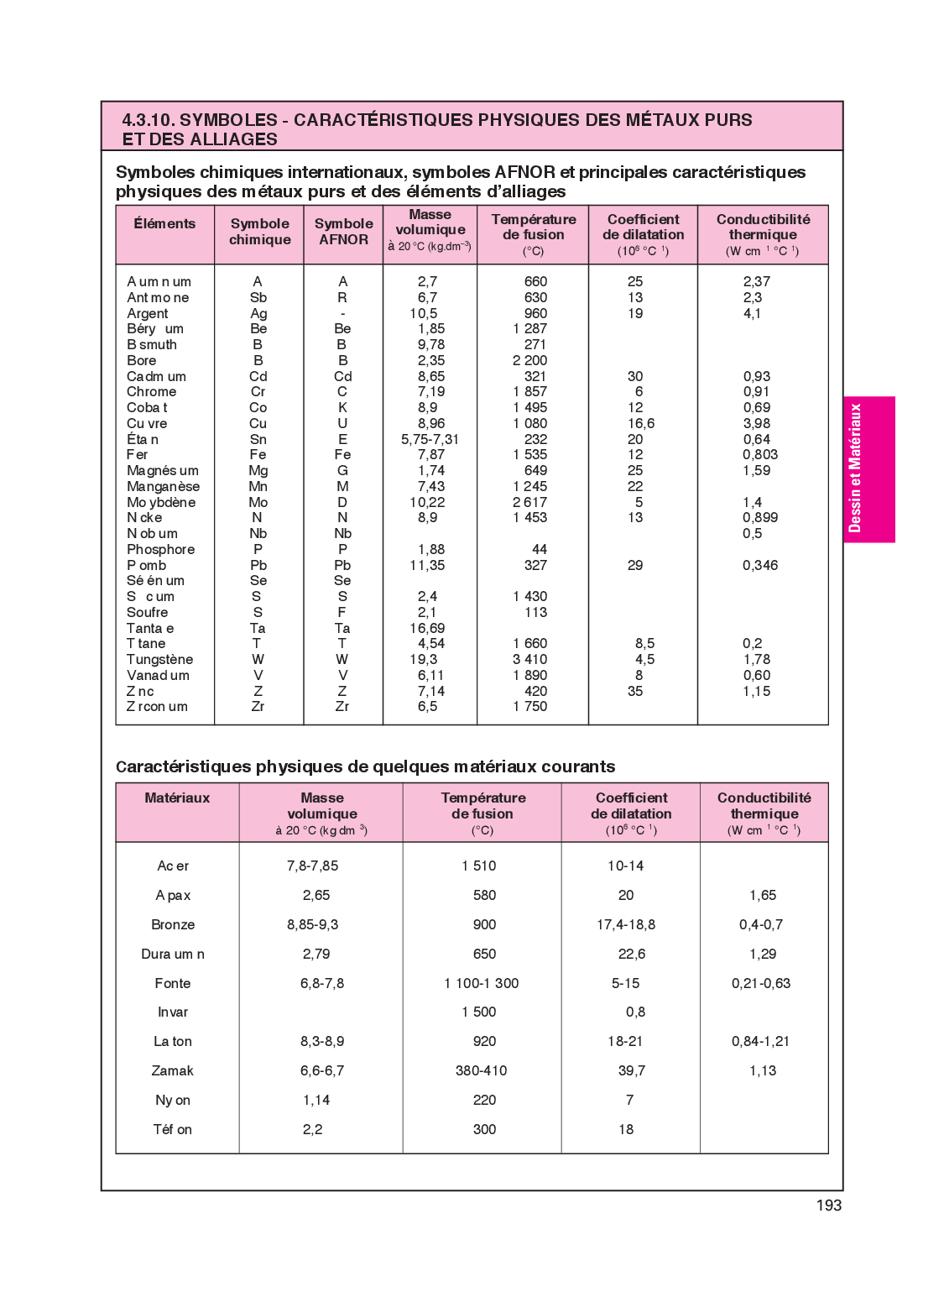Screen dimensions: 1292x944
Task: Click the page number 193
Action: point(828,1206)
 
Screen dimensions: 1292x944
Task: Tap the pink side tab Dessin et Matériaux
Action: point(868,468)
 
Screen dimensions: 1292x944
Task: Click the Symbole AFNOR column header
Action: point(343,232)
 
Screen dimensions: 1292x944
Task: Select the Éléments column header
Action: point(164,223)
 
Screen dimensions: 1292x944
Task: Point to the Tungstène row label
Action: point(159,660)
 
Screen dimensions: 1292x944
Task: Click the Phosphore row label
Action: point(160,550)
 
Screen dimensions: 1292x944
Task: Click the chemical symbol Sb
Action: point(258,298)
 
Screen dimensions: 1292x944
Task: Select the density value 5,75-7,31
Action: point(430,440)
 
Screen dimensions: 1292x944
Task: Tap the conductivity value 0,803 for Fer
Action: point(759,455)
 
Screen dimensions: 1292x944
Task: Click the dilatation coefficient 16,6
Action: point(641,424)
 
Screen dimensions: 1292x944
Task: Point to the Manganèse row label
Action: point(163,487)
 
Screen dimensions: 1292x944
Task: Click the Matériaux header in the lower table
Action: point(177,798)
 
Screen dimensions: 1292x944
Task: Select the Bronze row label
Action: point(173,925)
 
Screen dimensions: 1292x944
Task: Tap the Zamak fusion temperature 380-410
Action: point(481,1071)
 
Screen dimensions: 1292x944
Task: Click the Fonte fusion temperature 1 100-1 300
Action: point(481,984)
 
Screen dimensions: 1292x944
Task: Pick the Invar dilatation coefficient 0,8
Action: point(635,1012)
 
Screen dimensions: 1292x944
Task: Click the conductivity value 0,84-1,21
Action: point(760,1042)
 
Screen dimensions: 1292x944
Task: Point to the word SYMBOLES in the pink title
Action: point(228,120)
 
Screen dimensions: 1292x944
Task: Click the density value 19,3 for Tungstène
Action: point(423,660)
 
